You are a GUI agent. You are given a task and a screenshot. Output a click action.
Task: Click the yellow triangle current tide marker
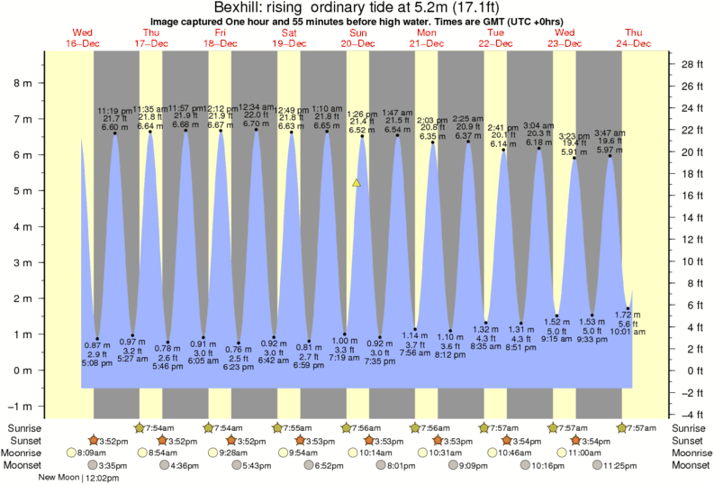point(357,183)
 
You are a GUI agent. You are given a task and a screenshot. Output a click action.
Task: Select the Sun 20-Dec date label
point(357,38)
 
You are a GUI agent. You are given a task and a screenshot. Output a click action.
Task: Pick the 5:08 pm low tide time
point(97,364)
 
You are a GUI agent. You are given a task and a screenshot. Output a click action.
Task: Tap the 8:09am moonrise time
point(93,453)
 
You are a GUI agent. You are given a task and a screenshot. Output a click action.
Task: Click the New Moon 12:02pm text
point(80,478)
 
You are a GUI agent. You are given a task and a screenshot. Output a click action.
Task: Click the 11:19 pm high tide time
point(115,110)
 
